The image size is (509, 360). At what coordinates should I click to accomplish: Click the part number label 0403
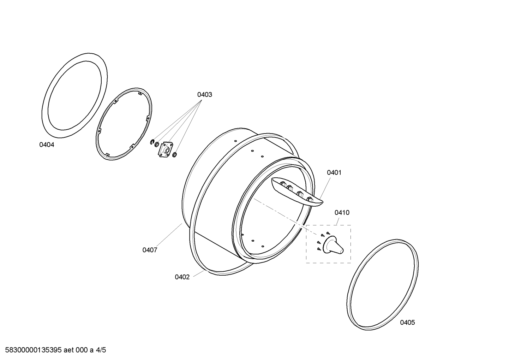[x=204, y=95]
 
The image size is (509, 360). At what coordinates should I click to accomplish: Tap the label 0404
[x=47, y=144]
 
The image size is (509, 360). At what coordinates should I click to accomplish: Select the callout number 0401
[x=334, y=173]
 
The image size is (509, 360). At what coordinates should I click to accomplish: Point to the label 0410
[x=342, y=213]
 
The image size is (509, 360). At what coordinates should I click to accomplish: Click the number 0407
[x=150, y=250]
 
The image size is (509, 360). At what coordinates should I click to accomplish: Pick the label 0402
[x=182, y=277]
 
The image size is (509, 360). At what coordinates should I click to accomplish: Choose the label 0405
[x=407, y=323]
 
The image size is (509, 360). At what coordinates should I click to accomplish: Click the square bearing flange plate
[x=166, y=149]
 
